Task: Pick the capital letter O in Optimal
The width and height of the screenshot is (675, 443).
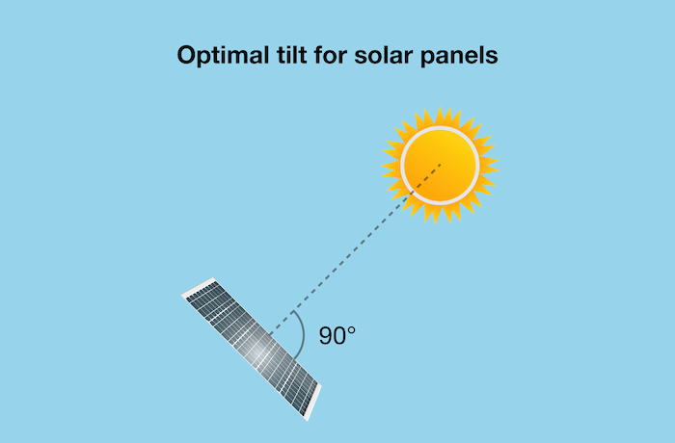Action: click(187, 55)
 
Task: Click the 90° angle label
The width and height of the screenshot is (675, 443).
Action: click(337, 336)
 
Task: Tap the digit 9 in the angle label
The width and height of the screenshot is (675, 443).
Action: click(326, 336)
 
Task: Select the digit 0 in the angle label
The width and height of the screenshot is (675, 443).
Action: click(341, 336)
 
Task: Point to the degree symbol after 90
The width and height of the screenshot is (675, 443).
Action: click(353, 330)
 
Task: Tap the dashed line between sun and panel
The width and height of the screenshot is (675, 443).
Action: click(357, 248)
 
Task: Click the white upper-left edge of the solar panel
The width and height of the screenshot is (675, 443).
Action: click(200, 287)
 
